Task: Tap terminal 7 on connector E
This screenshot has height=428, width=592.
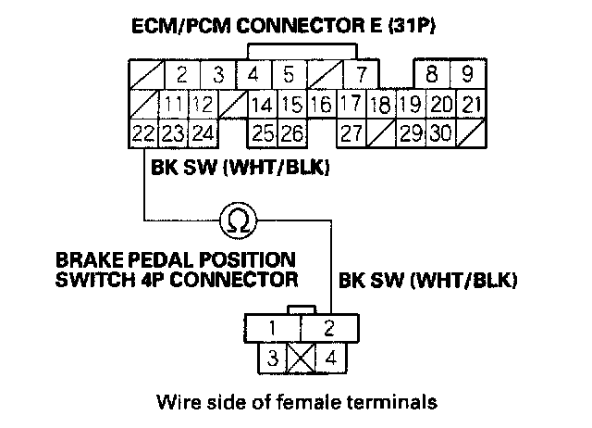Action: [362, 73]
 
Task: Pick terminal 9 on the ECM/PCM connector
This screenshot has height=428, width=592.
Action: [467, 73]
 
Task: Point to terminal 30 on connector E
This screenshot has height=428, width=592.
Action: [440, 133]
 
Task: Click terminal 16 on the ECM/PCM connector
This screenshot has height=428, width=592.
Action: [322, 104]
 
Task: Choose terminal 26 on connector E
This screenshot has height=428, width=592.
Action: [292, 133]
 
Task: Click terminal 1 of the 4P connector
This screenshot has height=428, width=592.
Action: [272, 327]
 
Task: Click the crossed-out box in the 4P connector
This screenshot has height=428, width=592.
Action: [300, 356]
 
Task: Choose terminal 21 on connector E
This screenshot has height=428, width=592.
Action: [470, 104]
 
